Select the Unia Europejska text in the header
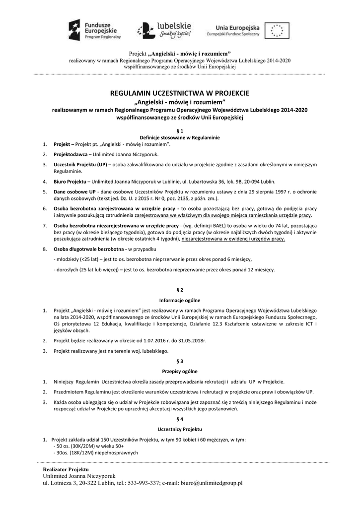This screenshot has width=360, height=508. coord(235,27)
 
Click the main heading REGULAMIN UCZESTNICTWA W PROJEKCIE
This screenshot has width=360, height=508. coord(180,93)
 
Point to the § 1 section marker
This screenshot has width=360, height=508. coord(180,130)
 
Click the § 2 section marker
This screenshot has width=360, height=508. coord(180,289)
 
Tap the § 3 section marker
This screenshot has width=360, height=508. coord(180,361)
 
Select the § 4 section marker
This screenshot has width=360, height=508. coord(180,419)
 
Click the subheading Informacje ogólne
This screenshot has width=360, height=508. coord(180,300)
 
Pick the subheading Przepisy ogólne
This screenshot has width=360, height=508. coord(180,371)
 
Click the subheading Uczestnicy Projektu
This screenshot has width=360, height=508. coord(180,429)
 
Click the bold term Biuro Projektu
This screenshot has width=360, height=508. coord(70,181)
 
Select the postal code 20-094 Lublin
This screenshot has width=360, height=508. coord(257,181)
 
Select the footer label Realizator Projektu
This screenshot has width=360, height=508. coord(66,469)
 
